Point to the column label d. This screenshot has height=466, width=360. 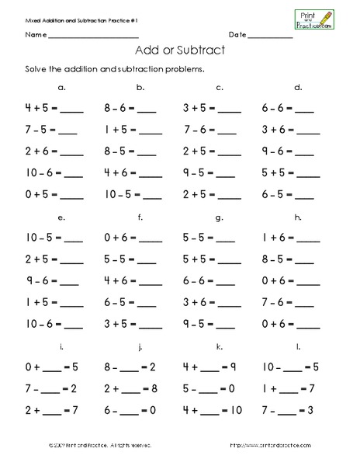click(x=298, y=87)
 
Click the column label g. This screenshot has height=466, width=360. click(x=220, y=217)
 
